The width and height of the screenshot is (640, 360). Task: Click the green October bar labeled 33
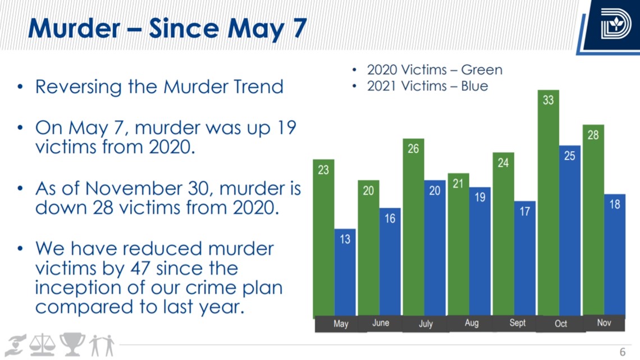tap(548, 202)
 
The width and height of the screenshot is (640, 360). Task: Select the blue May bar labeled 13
tap(345, 272)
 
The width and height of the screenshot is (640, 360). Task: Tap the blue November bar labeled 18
tap(615, 254)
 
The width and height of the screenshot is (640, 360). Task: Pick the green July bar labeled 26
tap(413, 227)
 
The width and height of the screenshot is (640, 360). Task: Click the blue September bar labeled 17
tap(525, 258)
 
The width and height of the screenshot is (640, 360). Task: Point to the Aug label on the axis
tap(472, 323)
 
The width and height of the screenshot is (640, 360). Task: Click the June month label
tap(381, 323)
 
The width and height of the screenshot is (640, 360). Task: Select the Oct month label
tap(561, 323)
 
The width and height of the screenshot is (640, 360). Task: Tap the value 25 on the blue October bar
tap(569, 156)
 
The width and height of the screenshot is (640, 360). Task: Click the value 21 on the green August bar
tap(458, 184)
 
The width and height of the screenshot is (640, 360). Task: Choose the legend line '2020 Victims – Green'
tap(435, 70)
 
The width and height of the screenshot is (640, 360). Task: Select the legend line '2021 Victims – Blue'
tap(427, 86)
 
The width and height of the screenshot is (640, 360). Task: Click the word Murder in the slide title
tap(74, 29)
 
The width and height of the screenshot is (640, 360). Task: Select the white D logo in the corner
tap(615, 24)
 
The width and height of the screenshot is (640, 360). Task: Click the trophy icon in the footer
tap(72, 344)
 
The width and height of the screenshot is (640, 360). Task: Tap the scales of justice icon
tap(43, 345)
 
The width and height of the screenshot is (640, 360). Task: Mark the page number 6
tap(623, 352)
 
